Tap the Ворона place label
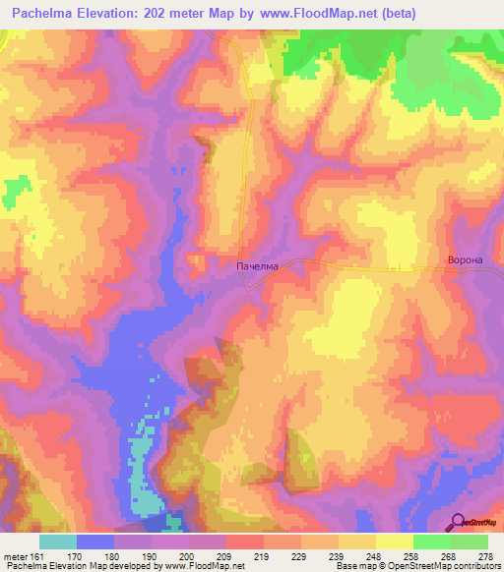tap(465, 260)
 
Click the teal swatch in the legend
tap(58, 542)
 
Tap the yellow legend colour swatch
tap(394, 542)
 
